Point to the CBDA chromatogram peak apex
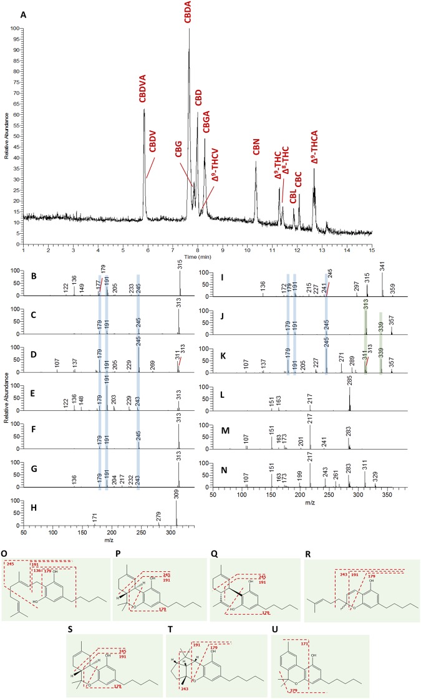pos(189,29)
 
